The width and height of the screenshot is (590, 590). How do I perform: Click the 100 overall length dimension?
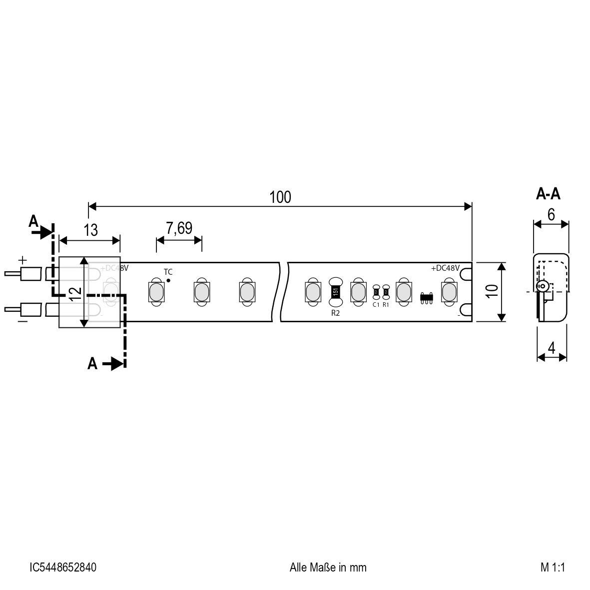coord(280,197)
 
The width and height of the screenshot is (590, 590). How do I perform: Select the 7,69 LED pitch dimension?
coord(179,228)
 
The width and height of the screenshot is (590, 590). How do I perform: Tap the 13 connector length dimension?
coord(90,230)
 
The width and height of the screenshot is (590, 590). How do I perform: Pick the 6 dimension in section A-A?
coord(551,214)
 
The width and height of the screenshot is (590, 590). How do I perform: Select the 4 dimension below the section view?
coord(552,348)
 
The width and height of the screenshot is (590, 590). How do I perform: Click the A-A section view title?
coord(548,194)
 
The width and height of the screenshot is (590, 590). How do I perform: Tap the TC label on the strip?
coord(168,272)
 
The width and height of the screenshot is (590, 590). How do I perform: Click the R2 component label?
coord(335,313)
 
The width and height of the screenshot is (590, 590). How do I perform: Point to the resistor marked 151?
coord(335,291)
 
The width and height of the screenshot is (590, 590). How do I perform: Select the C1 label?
coord(376,304)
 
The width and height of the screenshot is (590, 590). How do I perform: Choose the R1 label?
coord(386,304)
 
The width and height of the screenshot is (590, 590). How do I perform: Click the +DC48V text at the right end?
coord(445,268)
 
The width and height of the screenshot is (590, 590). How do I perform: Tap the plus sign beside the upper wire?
coord(22,260)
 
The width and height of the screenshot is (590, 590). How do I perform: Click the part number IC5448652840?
coord(63,568)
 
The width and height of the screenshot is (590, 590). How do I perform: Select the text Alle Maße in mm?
coord(328,568)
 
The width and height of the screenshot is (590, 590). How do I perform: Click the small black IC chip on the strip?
coord(426,297)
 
